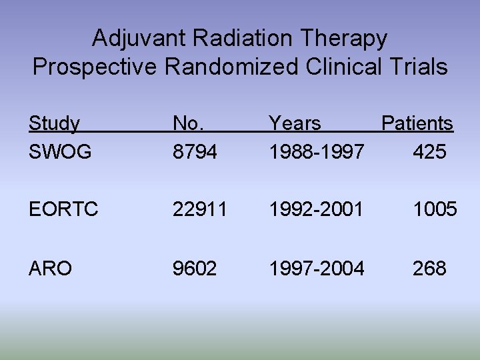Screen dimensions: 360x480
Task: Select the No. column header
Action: [x=189, y=124]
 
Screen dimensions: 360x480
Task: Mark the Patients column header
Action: [x=417, y=124]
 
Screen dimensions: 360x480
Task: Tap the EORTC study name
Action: [x=63, y=211]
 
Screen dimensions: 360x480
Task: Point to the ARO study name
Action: [x=50, y=269]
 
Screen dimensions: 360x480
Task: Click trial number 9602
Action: [x=195, y=269]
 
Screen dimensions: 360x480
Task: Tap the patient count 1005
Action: [x=434, y=211]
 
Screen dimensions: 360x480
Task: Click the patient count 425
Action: [x=429, y=153]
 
